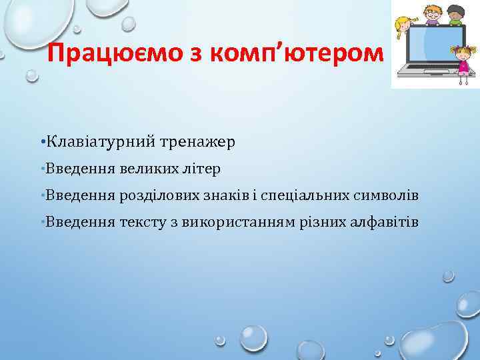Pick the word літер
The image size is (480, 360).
pos(202,169)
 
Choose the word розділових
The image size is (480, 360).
pos(153,195)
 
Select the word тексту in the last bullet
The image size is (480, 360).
pos(141,222)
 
